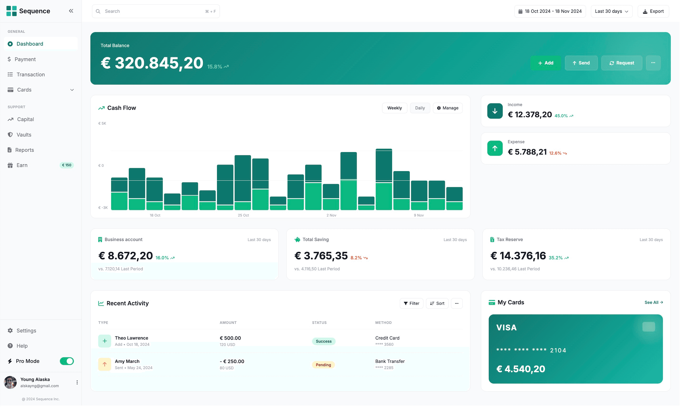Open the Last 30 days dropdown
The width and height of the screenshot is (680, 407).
[x=611, y=11]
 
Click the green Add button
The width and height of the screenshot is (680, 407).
[x=545, y=63]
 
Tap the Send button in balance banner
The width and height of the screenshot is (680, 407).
[x=581, y=63]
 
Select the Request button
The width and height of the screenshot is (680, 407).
[x=621, y=63]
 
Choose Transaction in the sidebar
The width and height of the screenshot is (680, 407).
[x=30, y=74]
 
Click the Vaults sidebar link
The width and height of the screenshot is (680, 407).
[x=24, y=134]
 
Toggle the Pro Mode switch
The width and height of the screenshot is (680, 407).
[x=67, y=361]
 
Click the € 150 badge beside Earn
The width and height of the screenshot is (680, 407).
[x=66, y=165]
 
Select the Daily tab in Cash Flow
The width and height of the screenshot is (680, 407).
[x=420, y=108]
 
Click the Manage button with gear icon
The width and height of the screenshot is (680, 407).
[x=447, y=108]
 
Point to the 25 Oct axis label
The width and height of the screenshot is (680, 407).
[x=243, y=215]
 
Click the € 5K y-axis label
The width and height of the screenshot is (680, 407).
[x=102, y=123]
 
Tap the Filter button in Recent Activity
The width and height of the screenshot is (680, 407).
[x=411, y=303]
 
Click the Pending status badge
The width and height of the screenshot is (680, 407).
[x=323, y=365]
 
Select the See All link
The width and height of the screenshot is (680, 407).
[x=653, y=302]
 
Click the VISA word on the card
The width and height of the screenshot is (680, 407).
[x=506, y=327]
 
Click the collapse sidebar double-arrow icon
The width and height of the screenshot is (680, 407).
[x=71, y=11]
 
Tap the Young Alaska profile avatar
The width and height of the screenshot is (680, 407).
[x=10, y=382]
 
